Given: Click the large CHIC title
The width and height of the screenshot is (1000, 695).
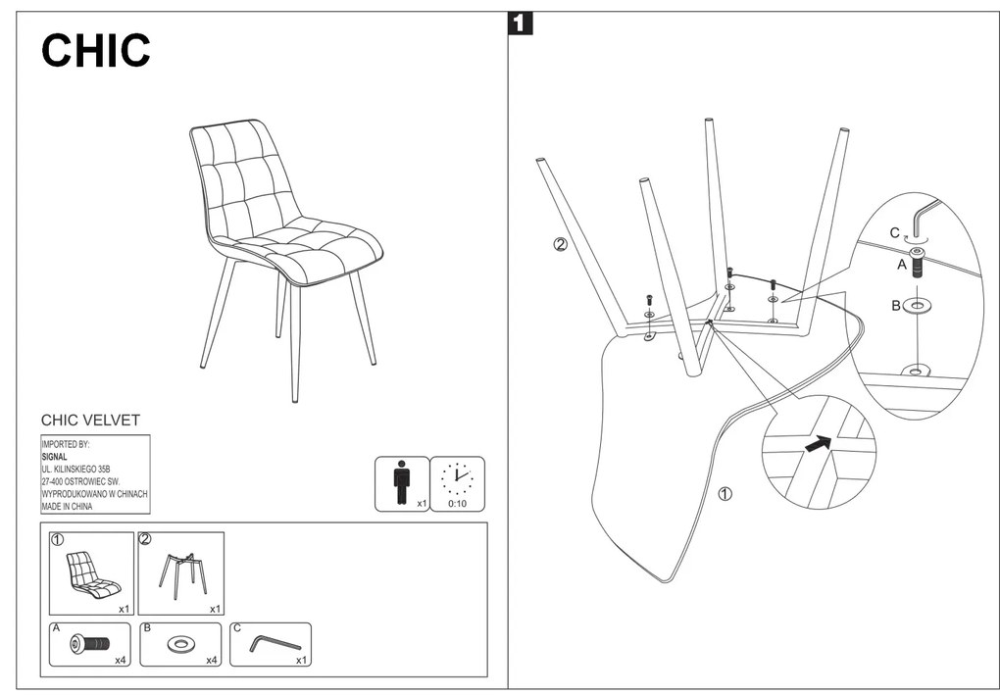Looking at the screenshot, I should [x=96, y=51].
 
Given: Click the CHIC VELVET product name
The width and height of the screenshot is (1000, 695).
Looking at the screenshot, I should [x=90, y=421].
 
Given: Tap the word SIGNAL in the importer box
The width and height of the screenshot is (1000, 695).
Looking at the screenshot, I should [x=54, y=456].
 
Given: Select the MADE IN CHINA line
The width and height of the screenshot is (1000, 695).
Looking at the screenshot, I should [x=67, y=507].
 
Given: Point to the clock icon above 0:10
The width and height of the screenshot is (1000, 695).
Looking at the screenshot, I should [x=457, y=478].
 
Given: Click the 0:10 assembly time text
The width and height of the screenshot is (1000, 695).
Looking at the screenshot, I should [x=457, y=503].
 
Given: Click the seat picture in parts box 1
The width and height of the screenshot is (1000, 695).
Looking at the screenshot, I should [x=92, y=574].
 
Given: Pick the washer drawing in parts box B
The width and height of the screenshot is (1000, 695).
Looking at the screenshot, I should [x=180, y=645].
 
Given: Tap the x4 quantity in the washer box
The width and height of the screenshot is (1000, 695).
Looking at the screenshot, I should [x=212, y=661].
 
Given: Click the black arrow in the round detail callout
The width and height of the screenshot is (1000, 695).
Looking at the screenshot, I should [x=817, y=444].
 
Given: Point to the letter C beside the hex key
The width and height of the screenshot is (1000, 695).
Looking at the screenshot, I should [x=894, y=233].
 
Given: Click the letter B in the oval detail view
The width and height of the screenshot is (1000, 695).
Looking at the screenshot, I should [x=895, y=306].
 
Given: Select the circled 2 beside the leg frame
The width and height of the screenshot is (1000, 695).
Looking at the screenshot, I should [x=560, y=244].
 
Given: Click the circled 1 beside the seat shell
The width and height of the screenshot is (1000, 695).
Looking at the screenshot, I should [x=725, y=493].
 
